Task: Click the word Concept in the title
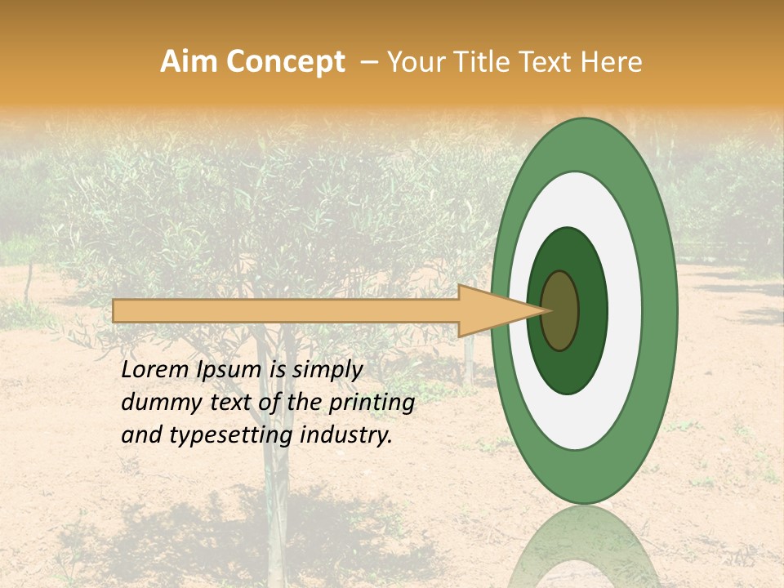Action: tap(285, 62)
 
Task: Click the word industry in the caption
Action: tap(346, 434)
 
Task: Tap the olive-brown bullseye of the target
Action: tap(560, 310)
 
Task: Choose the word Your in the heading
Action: tap(413, 62)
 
